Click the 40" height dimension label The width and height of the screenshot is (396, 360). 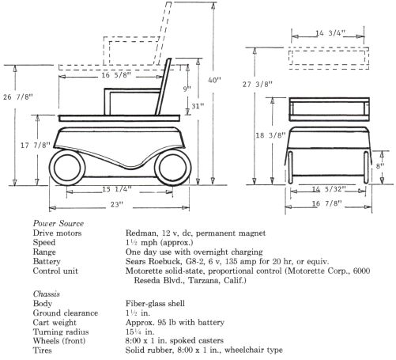(214, 80)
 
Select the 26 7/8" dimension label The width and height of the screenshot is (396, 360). (18, 97)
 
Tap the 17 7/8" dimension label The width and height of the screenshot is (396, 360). (36, 145)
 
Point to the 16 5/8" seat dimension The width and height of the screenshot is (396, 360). (116, 75)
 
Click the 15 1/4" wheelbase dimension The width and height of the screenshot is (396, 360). (117, 189)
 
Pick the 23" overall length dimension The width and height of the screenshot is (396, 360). (117, 205)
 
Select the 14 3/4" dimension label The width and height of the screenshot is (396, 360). (330, 33)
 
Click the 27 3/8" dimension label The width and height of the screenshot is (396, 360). (258, 85)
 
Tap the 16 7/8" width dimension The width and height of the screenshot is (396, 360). (326, 203)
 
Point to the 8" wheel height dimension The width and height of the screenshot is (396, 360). (380, 166)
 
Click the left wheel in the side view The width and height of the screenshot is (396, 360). (67, 168)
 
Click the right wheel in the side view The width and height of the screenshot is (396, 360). (173, 168)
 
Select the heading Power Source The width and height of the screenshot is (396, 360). (58, 223)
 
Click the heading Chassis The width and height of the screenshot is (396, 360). (47, 294)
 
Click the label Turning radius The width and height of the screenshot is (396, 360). (61, 332)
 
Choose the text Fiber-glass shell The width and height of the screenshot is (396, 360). (155, 303)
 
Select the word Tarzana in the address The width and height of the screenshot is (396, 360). (202, 280)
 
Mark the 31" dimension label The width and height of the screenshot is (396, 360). (198, 106)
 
